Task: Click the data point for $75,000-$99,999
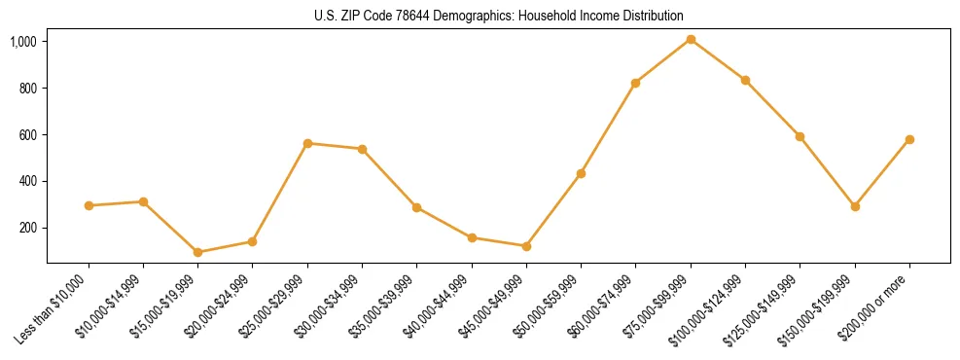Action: pos(691,39)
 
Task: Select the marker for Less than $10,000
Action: pos(89,205)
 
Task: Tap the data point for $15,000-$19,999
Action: pos(197,252)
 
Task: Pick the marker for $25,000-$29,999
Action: pos(307,143)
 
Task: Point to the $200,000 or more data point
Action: pos(909,139)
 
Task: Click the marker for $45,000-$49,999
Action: pos(526,246)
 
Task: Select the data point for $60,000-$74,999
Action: pos(635,83)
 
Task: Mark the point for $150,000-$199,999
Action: pos(855,206)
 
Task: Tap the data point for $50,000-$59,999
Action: pos(581,173)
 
